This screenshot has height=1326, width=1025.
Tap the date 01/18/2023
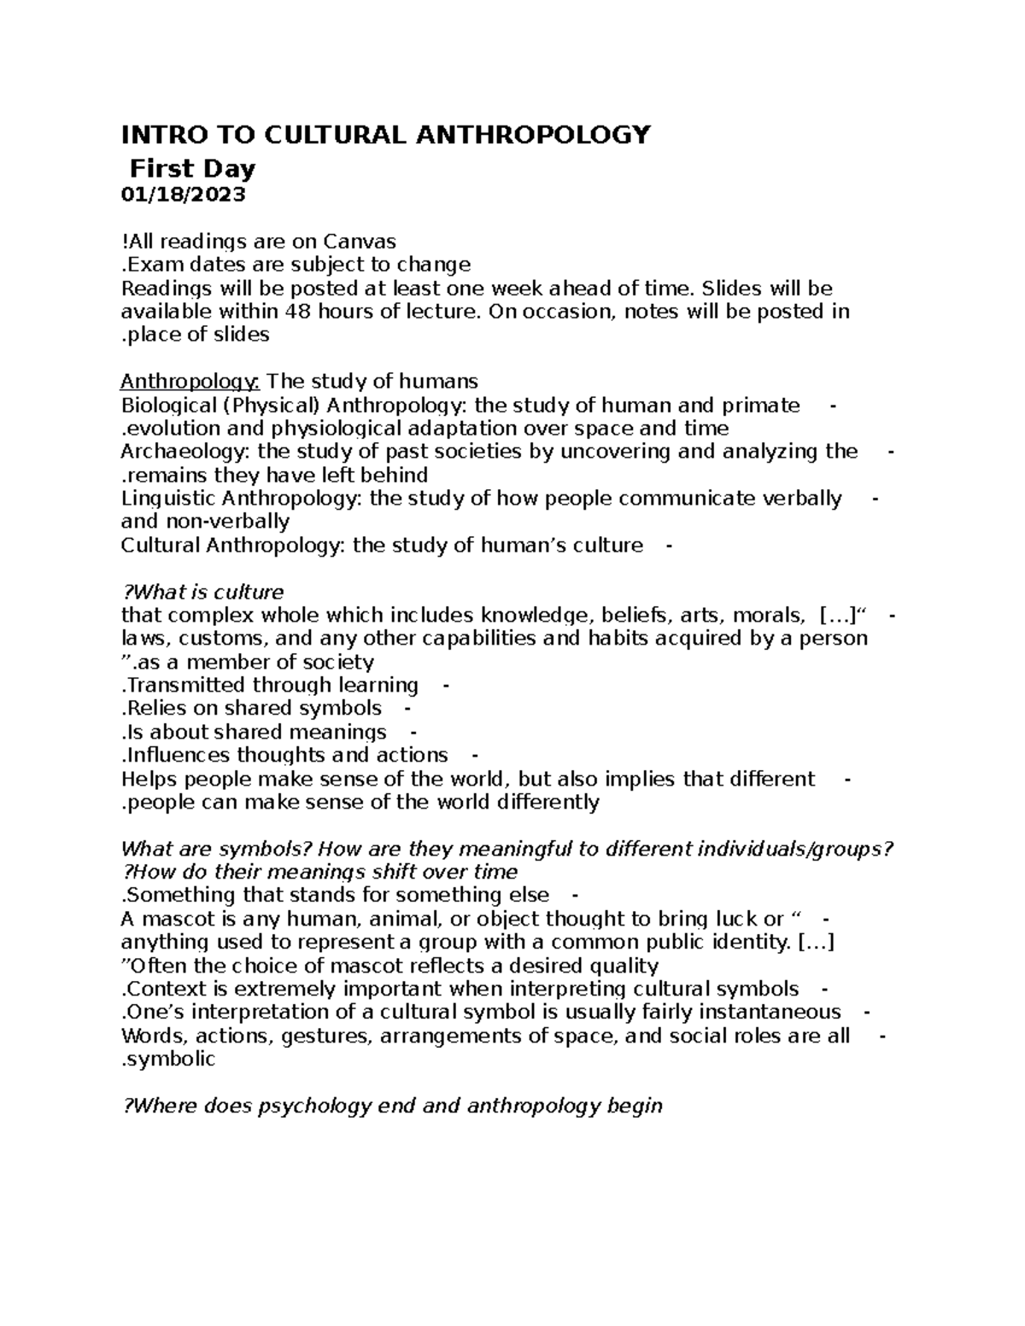click(x=183, y=195)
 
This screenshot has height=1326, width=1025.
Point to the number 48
click(x=296, y=312)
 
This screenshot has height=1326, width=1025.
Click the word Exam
click(x=152, y=265)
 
